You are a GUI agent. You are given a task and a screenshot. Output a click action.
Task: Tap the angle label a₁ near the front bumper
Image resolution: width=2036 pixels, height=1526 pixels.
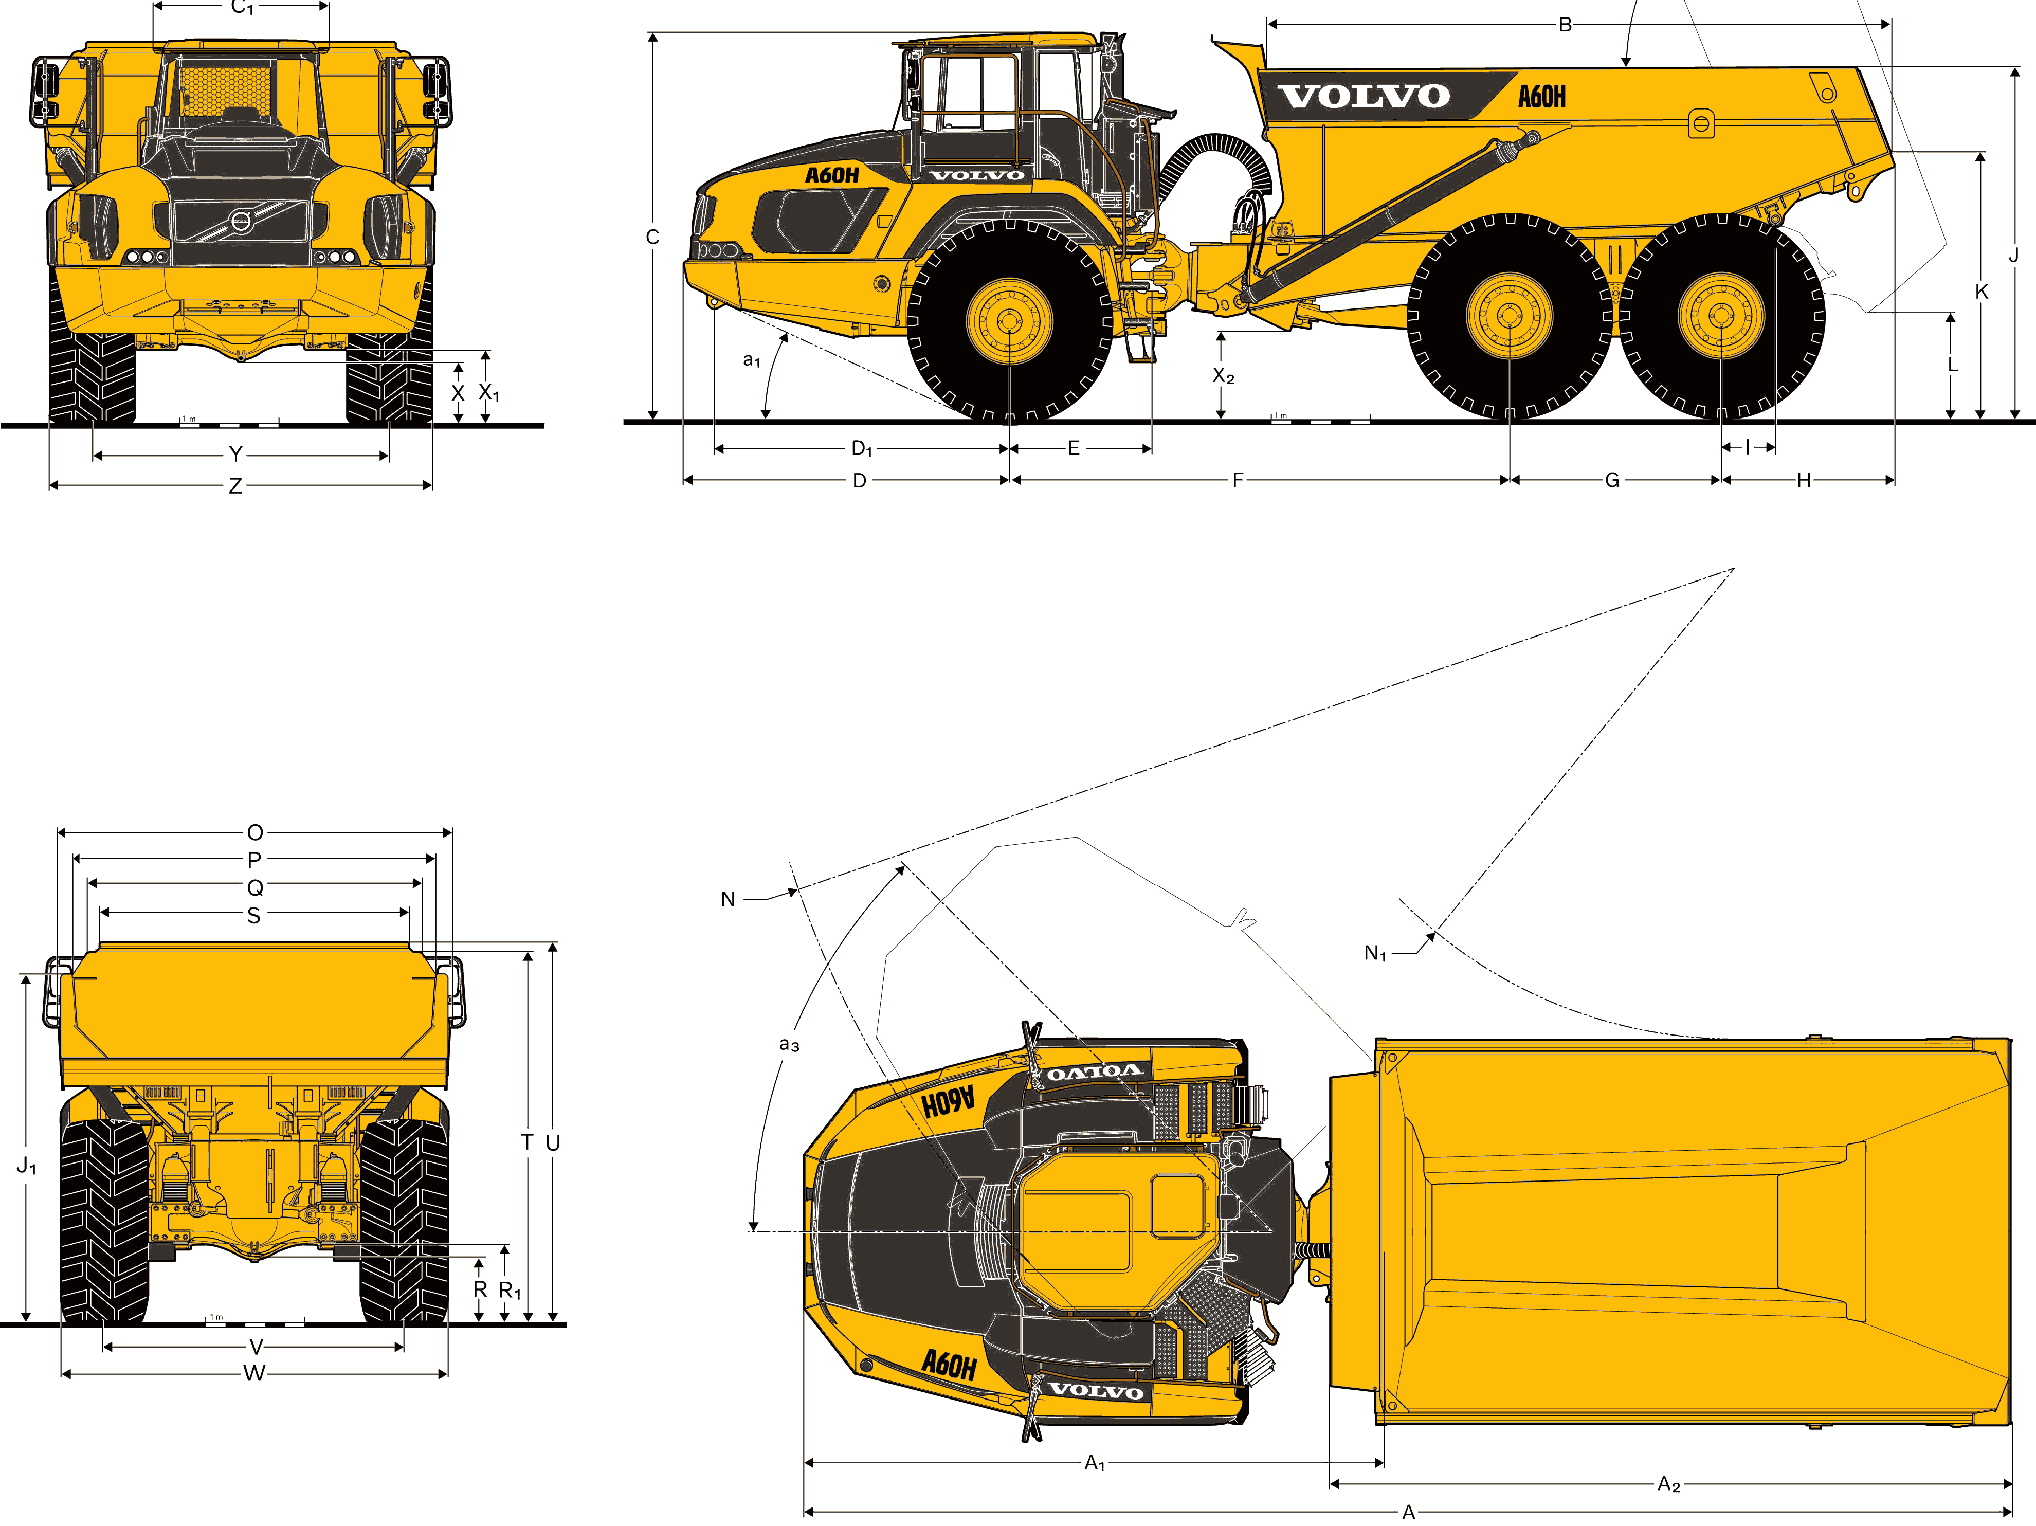[x=752, y=360]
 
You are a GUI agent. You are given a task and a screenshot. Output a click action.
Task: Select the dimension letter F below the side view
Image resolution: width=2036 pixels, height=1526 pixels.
[x=1238, y=480]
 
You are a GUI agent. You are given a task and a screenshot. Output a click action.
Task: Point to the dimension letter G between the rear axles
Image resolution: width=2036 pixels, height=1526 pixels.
[x=1612, y=480]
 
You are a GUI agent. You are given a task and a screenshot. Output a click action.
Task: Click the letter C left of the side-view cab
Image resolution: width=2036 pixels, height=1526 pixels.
[x=652, y=238]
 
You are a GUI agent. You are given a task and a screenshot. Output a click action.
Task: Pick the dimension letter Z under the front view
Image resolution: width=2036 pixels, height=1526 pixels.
[x=235, y=485]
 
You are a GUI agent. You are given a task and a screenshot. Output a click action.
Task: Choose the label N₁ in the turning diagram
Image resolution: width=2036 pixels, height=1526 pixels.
[x=1375, y=954]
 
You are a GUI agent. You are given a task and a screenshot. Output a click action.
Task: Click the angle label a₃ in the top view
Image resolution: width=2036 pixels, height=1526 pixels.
[x=789, y=1045]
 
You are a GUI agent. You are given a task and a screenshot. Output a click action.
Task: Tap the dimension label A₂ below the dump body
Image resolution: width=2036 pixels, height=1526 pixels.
[x=1669, y=1484]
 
